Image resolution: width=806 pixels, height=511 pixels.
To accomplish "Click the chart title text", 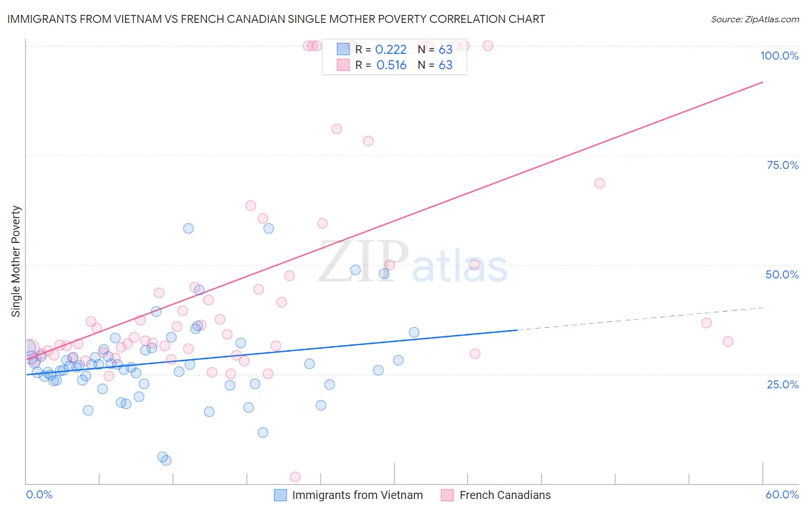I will pos(276,19).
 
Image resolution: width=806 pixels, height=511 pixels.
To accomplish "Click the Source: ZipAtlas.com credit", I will pos(754,19).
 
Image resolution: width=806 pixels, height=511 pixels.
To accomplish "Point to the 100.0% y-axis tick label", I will pos(779,56).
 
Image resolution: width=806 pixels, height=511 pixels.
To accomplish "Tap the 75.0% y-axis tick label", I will pos(782,165).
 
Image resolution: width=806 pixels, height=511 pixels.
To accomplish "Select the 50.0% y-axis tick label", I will pos(782,274).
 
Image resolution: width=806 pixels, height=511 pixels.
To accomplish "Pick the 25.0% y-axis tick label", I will pos(782,384).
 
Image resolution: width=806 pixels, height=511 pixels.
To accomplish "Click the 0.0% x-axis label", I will pos(39,494).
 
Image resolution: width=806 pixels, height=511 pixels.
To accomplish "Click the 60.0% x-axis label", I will pos(782,494).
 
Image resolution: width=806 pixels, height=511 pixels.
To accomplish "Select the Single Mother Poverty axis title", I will pos(16,261).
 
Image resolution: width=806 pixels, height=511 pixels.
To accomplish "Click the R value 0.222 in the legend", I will pos(390,50).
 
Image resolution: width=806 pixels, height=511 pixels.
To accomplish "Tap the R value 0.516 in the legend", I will pos(391,65).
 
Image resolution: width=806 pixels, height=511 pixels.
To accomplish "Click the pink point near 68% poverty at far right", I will pos(600,183).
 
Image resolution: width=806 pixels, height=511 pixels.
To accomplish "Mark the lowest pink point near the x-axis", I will pos(295,477).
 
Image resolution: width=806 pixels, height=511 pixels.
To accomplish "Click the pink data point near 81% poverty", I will pos(337,129).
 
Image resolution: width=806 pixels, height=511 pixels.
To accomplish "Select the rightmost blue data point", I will pos(414,332).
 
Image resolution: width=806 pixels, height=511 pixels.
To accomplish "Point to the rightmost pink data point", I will pos(728,341).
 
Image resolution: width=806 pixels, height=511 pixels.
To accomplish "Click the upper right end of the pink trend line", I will pos(762,82).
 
